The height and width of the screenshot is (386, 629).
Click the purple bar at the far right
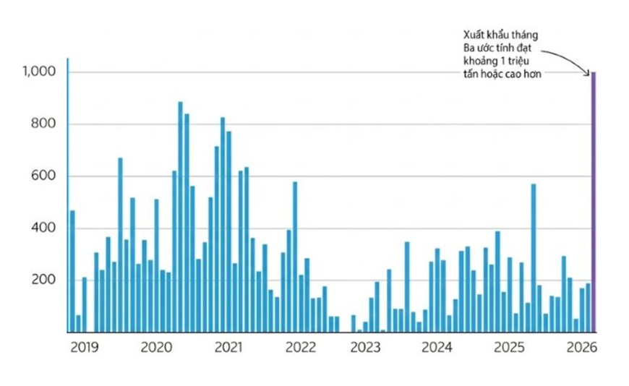tap(594, 202)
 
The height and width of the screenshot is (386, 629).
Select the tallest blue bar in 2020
tap(180, 217)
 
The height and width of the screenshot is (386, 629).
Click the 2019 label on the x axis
tap(85, 348)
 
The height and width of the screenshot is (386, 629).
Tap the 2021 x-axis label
tap(228, 348)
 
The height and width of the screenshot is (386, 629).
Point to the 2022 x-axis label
tap(300, 348)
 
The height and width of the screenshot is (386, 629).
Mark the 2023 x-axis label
tap(366, 348)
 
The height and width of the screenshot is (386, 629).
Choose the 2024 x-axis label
tap(437, 348)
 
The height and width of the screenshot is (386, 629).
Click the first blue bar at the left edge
tap(72, 271)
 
